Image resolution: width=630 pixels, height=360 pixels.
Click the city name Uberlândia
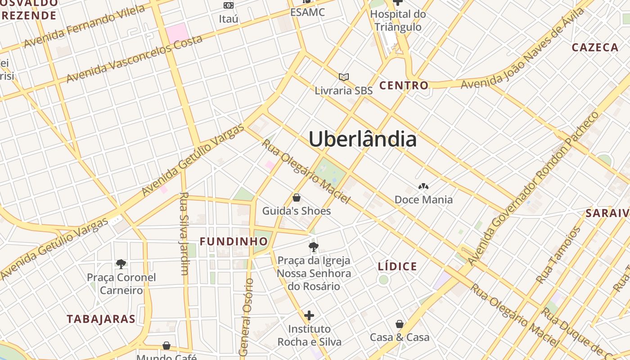[363, 139]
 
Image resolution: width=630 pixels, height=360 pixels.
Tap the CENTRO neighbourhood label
[404, 85]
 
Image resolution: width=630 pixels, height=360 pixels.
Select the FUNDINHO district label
[234, 242]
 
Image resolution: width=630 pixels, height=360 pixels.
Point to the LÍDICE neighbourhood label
[397, 266]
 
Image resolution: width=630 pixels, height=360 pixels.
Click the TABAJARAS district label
[101, 319]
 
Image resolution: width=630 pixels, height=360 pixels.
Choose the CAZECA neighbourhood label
[595, 48]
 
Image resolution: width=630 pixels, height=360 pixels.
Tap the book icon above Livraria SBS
[344, 77]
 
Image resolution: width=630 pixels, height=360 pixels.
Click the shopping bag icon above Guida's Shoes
[297, 198]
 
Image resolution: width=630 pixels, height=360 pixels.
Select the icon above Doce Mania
[423, 186]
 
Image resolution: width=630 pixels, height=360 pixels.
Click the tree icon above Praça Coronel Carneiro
[121, 264]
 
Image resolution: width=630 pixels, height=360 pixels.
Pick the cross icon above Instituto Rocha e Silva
[309, 315]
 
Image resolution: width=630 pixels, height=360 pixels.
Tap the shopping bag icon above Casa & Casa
[400, 324]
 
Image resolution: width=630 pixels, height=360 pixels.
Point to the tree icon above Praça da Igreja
[314, 247]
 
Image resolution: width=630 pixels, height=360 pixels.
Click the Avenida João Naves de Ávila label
[522, 49]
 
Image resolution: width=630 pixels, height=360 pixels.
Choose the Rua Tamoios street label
[558, 255]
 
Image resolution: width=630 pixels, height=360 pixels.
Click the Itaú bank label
[229, 19]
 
